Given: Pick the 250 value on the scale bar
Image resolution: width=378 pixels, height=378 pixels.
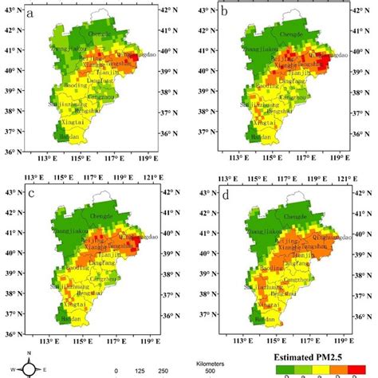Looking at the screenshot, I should pyautogui.click(x=163, y=371).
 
